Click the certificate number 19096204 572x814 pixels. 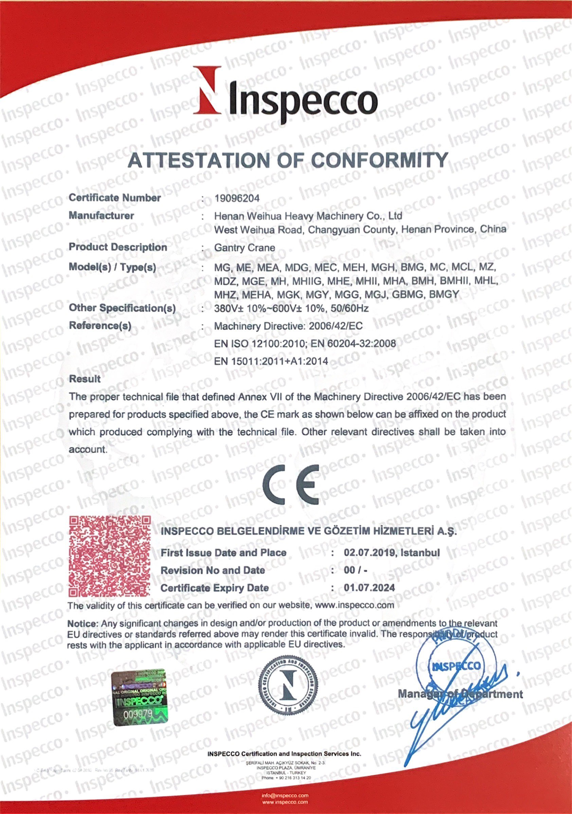pos(237,198)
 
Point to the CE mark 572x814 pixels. pos(291,485)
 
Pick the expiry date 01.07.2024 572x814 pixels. pos(369,588)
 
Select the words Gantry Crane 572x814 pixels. pos(244,248)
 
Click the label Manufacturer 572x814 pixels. pos(101,216)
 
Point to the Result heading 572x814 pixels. pos(85,379)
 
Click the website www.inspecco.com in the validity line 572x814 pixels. pos(354,605)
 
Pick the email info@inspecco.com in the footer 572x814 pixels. pos(285,795)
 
